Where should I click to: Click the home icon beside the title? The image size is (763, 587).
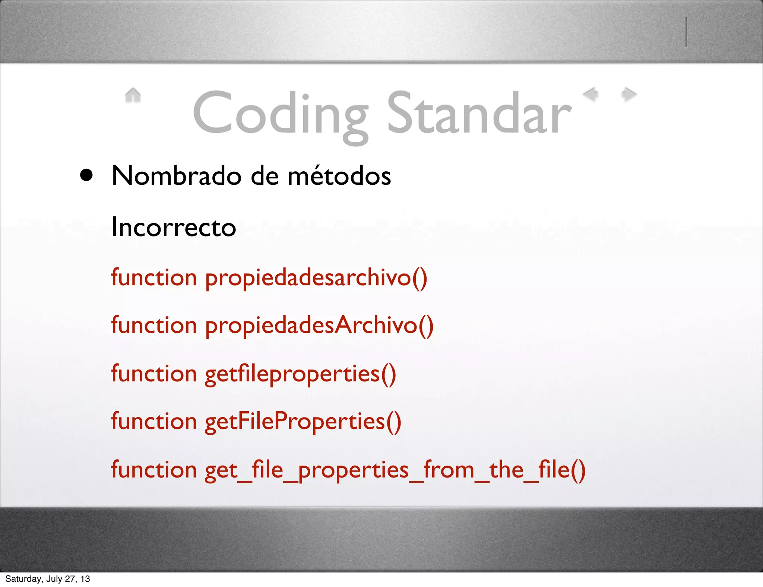click(133, 95)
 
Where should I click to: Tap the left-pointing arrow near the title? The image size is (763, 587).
click(591, 94)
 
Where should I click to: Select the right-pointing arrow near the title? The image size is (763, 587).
click(629, 94)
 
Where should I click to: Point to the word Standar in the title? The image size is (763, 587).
click(479, 114)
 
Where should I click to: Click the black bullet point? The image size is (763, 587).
click(86, 175)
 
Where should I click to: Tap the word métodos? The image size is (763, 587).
click(339, 175)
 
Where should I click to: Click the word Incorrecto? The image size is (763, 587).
click(174, 227)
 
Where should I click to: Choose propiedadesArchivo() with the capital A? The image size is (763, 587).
click(319, 326)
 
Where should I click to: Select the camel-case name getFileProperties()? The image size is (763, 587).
click(303, 422)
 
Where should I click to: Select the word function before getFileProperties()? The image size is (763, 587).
click(154, 421)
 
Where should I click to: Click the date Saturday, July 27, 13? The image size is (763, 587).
click(48, 579)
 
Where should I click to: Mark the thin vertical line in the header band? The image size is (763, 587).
click(686, 32)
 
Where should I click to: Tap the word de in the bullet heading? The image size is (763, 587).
click(265, 175)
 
